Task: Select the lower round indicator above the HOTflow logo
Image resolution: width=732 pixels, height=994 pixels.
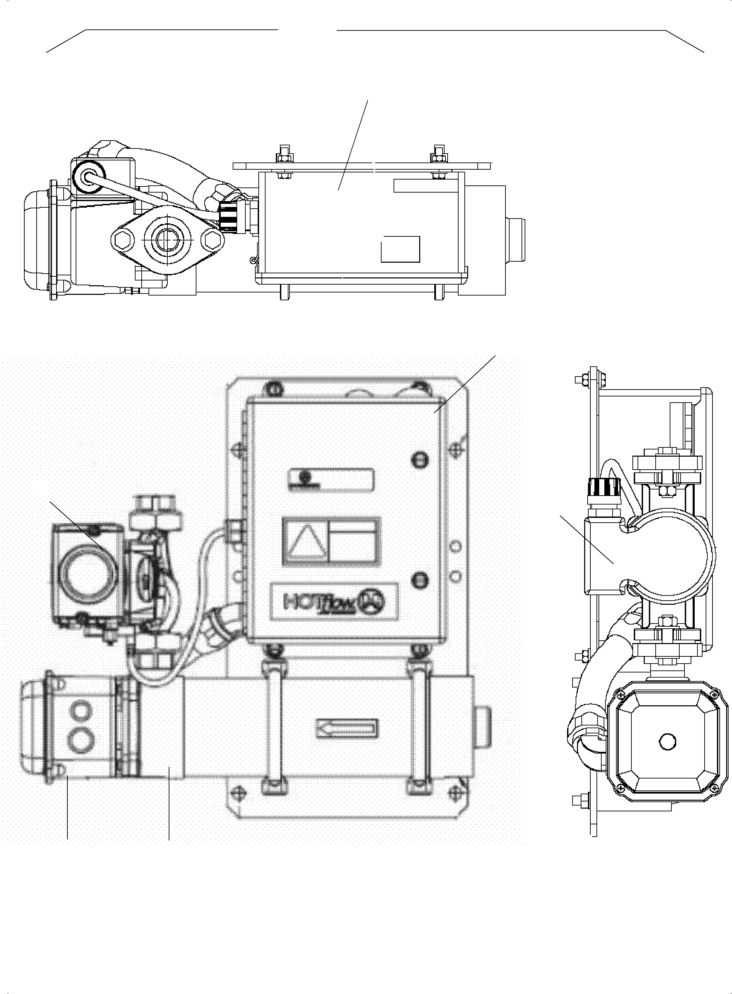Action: click(419, 579)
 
